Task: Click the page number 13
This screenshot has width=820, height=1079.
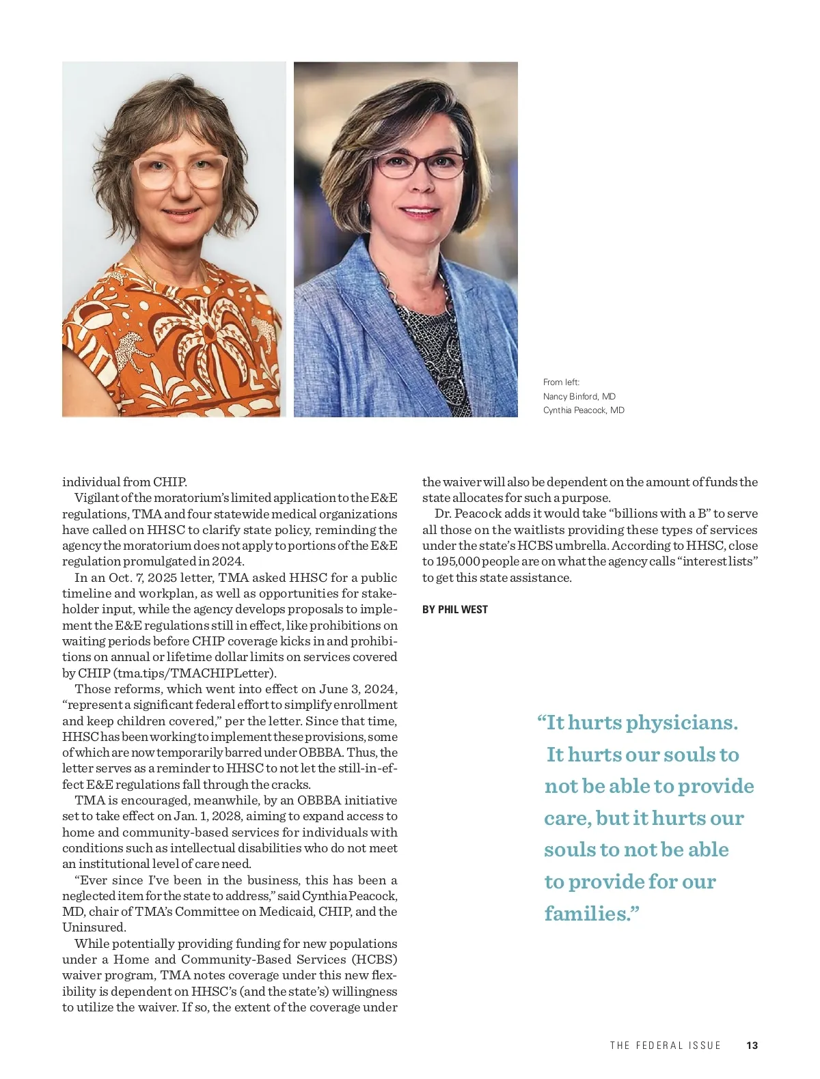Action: point(752,1046)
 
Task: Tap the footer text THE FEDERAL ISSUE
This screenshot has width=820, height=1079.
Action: point(665,1046)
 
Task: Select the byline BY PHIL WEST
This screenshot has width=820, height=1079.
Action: point(454,609)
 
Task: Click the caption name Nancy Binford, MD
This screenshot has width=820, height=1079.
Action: point(579,396)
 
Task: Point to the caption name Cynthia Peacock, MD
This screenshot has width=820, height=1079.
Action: point(584,410)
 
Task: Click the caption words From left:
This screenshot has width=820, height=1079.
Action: point(561,382)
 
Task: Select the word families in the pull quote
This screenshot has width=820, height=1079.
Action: point(588,913)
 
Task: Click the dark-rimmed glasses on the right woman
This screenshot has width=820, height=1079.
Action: point(421,165)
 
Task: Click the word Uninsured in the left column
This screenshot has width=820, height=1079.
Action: point(94,927)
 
